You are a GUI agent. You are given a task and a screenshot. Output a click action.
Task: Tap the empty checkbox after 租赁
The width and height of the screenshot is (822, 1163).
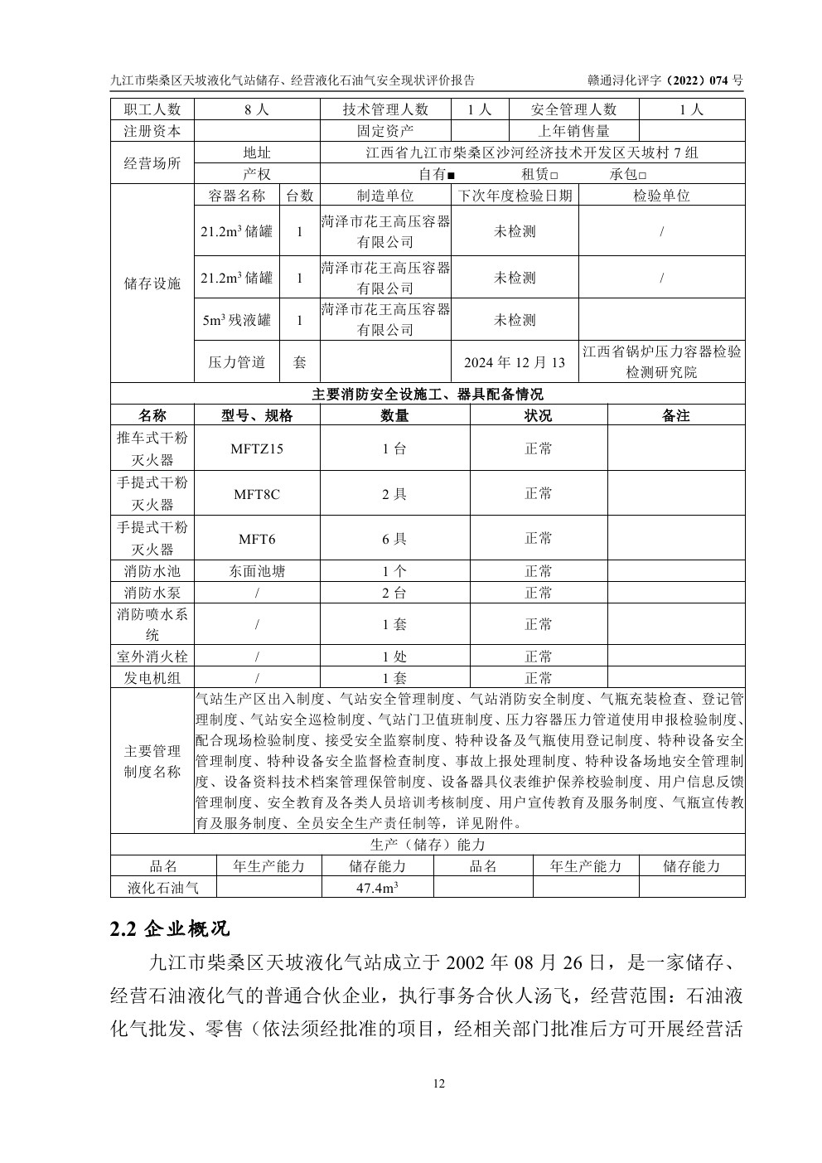(x=554, y=176)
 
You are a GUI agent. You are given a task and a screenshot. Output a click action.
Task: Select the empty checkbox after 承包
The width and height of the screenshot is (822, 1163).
(x=642, y=176)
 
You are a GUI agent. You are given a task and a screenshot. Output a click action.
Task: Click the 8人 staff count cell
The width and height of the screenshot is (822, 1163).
(x=257, y=109)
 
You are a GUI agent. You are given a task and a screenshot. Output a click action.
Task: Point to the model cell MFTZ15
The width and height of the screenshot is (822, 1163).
(x=257, y=449)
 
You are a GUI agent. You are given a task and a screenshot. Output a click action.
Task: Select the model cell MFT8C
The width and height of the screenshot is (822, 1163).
(x=257, y=494)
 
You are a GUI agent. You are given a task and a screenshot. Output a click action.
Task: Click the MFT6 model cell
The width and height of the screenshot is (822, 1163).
(x=257, y=539)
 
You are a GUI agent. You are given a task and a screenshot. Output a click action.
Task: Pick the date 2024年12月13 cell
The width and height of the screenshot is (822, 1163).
(x=515, y=362)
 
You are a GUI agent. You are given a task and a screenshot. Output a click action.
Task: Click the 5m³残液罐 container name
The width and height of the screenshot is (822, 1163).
(x=237, y=320)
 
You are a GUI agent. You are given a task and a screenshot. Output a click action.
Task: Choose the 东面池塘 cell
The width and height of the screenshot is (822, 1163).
(x=257, y=571)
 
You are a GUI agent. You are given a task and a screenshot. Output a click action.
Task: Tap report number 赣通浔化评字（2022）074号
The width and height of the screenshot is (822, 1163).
(x=665, y=80)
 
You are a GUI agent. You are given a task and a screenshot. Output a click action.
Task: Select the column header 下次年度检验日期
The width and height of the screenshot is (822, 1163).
(x=515, y=196)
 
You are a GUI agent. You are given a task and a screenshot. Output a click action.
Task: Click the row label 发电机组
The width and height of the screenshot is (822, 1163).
(x=152, y=678)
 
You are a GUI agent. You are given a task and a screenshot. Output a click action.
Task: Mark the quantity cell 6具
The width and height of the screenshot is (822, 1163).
(x=394, y=539)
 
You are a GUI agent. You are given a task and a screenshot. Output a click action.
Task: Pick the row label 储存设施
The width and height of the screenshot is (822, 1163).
(x=152, y=283)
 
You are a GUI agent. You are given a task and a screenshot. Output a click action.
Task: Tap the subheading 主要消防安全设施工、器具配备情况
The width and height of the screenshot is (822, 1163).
(x=428, y=394)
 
